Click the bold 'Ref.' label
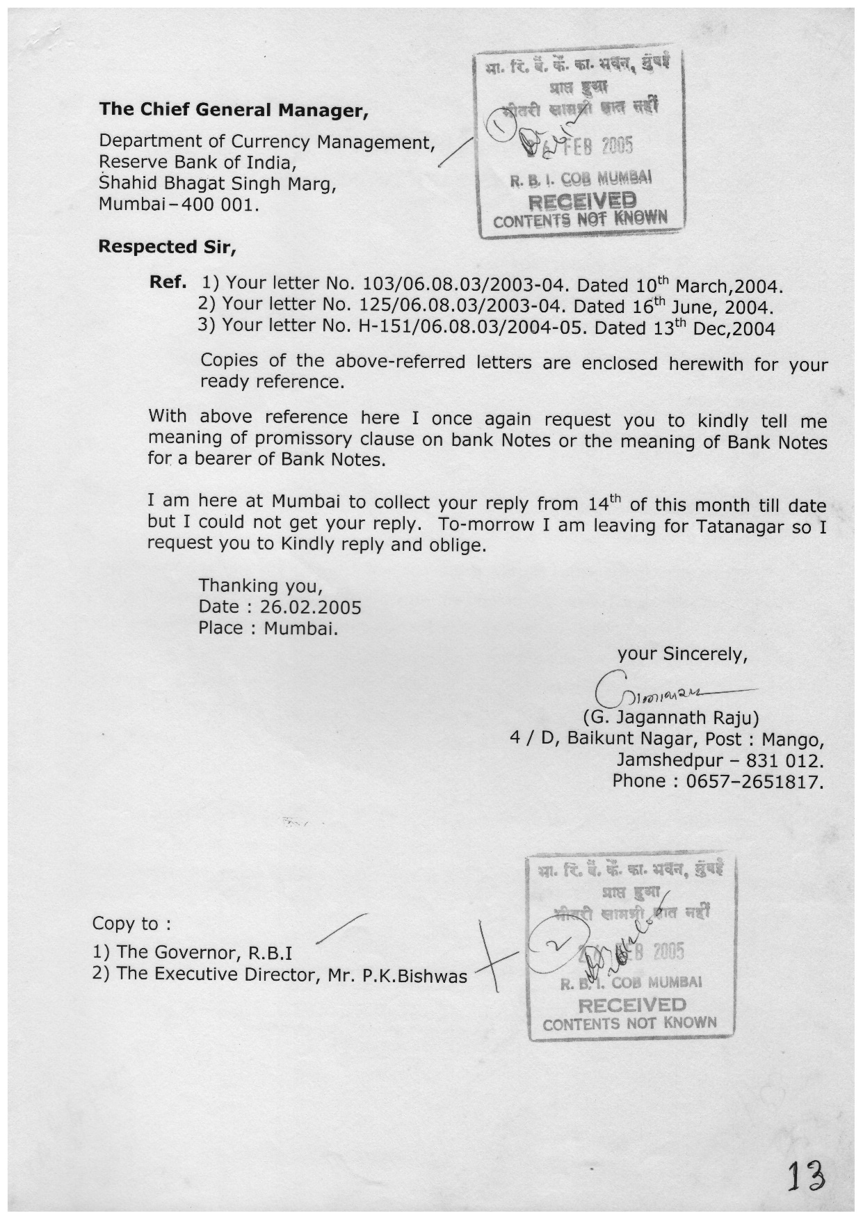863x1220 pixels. (168, 282)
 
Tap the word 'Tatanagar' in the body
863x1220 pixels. (740, 527)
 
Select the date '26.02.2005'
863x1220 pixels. (310, 607)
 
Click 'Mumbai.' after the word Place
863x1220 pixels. (300, 629)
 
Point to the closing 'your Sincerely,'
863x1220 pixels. (682, 655)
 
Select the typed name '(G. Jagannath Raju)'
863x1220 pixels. (670, 717)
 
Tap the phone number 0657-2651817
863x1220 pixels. (755, 782)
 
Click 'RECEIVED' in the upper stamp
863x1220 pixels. (582, 201)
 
